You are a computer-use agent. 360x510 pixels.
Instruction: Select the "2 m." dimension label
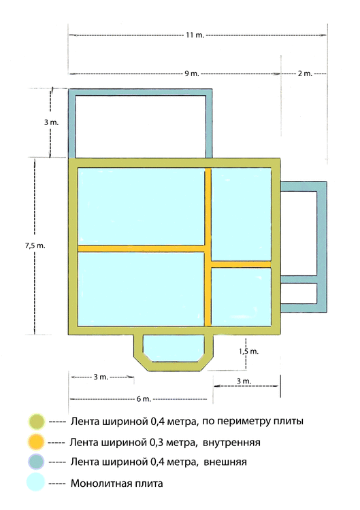coord(304,73)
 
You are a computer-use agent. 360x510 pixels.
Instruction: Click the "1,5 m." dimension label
coord(249,351)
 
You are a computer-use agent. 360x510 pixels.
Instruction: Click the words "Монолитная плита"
coord(116,483)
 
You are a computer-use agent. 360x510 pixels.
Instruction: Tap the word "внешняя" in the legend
coord(225,462)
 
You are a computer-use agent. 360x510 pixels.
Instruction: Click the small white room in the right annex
coord(299,293)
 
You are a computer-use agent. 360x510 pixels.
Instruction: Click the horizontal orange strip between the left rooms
coord(142,248)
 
